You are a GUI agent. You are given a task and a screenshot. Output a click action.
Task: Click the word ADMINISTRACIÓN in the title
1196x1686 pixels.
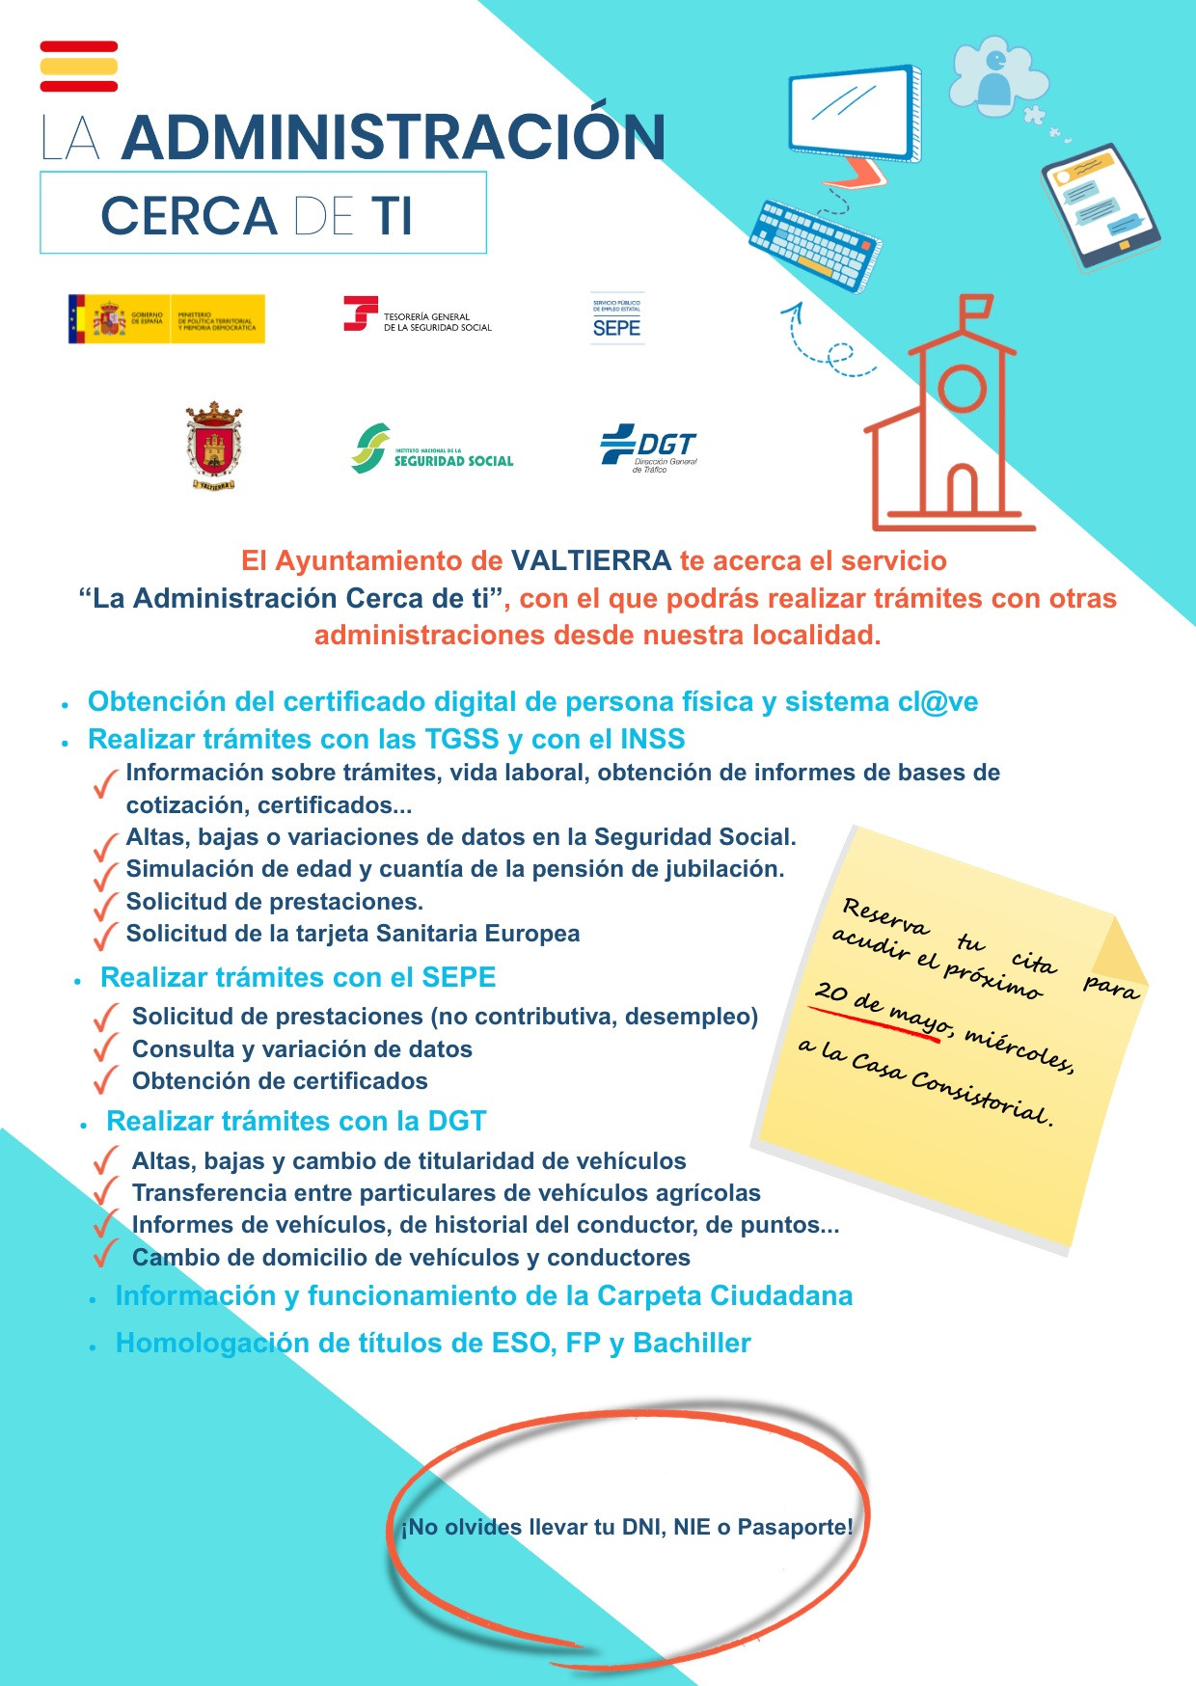(x=394, y=138)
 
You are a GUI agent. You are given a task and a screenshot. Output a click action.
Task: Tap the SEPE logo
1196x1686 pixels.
(x=617, y=319)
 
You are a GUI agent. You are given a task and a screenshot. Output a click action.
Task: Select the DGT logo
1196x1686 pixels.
(x=648, y=448)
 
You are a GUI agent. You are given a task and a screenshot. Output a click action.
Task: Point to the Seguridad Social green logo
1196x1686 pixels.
(x=432, y=449)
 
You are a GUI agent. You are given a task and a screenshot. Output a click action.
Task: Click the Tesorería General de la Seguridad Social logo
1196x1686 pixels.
(x=418, y=315)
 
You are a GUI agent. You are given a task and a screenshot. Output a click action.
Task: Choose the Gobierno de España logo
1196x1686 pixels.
(x=166, y=319)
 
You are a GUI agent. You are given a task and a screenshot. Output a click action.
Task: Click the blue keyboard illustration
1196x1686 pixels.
(x=815, y=243)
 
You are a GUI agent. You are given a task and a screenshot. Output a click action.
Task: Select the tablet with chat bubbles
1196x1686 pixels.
(x=1100, y=205)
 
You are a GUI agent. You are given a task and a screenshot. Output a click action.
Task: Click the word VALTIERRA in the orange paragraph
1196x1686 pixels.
(x=590, y=560)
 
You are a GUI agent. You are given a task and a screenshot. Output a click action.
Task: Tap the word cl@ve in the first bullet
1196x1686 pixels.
(x=938, y=702)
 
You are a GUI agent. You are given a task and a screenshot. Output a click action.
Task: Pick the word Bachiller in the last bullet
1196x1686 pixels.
(x=692, y=1343)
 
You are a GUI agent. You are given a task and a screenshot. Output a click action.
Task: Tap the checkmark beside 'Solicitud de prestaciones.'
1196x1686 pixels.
(x=105, y=907)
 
